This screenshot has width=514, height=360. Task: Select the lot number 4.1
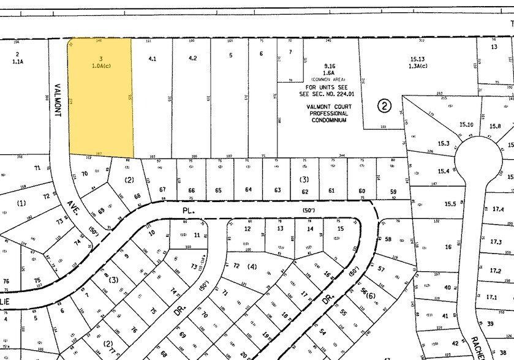(x=153, y=59)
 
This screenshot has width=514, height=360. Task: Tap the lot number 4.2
(x=192, y=59)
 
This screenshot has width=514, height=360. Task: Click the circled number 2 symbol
(x=384, y=105)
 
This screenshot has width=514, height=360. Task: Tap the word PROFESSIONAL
(x=328, y=113)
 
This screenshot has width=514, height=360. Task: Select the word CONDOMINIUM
(x=328, y=120)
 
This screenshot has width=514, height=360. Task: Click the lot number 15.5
(x=450, y=204)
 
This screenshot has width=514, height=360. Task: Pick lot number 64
(x=249, y=190)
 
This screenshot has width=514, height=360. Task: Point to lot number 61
(x=332, y=190)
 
